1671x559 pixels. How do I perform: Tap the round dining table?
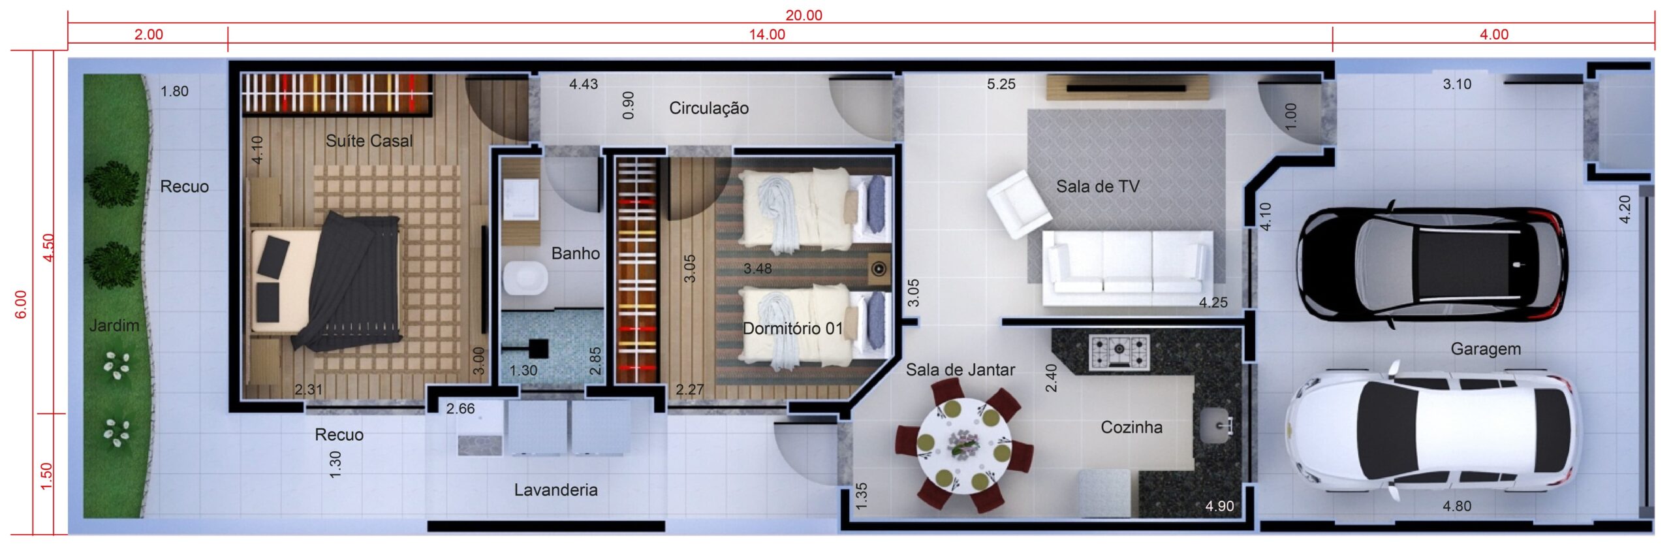coord(964,446)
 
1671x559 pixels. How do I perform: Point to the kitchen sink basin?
coord(1216,426)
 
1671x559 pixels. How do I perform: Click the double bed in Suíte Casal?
coord(326,281)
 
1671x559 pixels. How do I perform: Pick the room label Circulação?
coord(708,108)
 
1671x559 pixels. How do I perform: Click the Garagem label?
coord(1486,349)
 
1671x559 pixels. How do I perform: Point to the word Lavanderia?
coord(555,490)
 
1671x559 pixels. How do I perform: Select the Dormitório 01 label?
coord(792,328)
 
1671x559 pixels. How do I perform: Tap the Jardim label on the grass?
coord(114,325)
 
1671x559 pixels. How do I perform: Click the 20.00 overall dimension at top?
coord(804,15)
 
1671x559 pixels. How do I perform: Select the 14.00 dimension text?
coord(767,35)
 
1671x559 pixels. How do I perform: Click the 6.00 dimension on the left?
coord(21,304)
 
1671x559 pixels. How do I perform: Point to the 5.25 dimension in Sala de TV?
coord(1001,84)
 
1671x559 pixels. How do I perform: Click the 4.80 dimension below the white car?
coord(1457,506)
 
